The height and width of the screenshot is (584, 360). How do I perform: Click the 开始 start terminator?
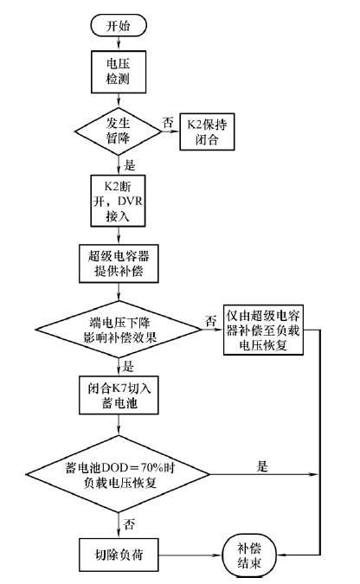(x=119, y=25)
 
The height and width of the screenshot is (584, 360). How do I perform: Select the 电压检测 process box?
(x=119, y=72)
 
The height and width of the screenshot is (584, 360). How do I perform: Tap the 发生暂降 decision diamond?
(x=118, y=132)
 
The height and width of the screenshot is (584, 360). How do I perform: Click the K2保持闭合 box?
(x=207, y=132)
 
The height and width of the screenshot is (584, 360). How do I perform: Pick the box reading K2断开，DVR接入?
(x=118, y=201)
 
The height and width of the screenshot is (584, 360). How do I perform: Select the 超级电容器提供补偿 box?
(x=119, y=263)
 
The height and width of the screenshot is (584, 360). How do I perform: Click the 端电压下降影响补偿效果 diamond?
(x=119, y=330)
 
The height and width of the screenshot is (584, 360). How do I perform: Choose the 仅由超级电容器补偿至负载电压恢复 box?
(x=263, y=330)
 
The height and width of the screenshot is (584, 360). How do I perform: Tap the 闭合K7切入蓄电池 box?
(x=119, y=395)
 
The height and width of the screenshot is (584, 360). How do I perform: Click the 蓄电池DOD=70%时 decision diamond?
(x=118, y=474)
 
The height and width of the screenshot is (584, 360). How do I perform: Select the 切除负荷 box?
(x=119, y=555)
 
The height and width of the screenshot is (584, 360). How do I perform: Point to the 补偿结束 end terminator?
(x=249, y=555)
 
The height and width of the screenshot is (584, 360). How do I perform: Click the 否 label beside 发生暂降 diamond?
(x=168, y=122)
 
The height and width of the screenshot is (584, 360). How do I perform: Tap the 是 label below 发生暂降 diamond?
(x=129, y=165)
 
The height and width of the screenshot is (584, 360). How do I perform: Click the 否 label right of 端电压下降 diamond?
(x=210, y=320)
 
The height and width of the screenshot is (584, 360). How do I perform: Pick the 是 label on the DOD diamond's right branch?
(x=262, y=466)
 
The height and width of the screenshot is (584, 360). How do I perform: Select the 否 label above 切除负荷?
(x=129, y=524)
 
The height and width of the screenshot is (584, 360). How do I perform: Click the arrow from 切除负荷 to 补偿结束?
(x=190, y=555)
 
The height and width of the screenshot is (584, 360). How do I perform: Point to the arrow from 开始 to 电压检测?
(x=119, y=43)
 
